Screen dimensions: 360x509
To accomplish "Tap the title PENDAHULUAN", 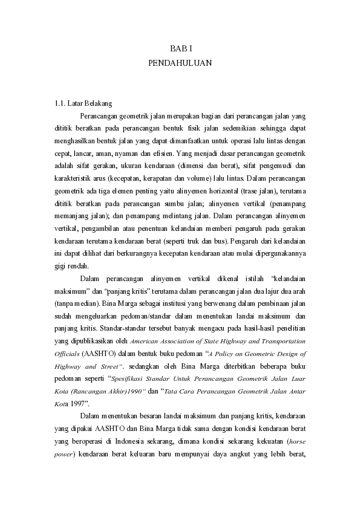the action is (180, 62).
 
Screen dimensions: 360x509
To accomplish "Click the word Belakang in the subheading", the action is (97, 103).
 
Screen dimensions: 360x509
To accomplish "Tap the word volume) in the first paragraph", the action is (208, 179).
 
